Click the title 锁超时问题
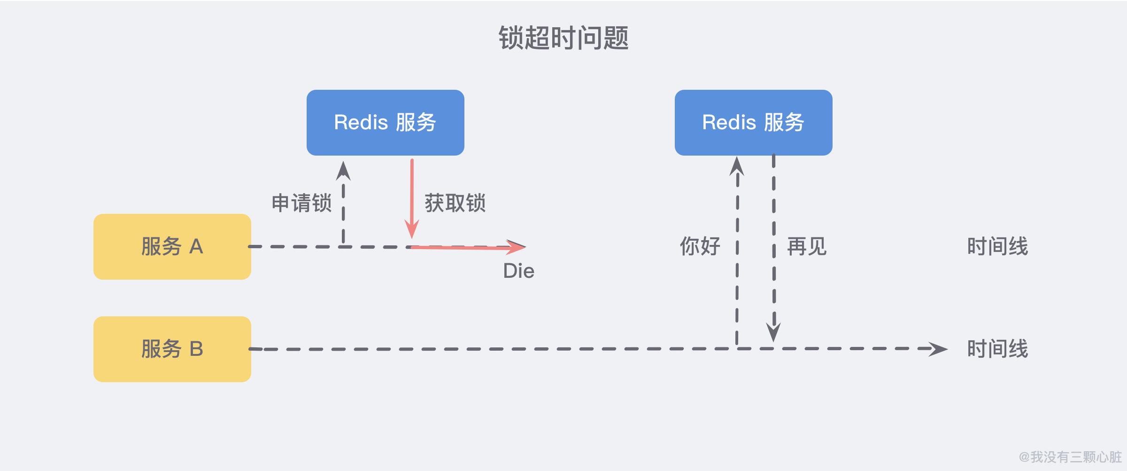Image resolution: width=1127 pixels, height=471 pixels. (563, 38)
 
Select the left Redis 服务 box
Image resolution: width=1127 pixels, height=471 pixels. (385, 123)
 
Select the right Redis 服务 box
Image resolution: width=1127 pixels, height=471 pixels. (753, 123)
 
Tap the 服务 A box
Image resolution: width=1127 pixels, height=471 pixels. (172, 247)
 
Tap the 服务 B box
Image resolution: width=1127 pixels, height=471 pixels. (172, 349)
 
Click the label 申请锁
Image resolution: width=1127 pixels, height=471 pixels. (301, 203)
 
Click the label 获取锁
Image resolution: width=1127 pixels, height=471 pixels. (455, 203)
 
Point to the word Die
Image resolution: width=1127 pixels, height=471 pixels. (518, 271)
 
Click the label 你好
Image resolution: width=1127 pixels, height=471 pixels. (700, 246)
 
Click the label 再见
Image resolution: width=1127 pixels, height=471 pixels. (807, 246)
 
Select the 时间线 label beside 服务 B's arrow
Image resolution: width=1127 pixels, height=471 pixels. (997, 349)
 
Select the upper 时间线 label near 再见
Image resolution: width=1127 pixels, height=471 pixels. (997, 246)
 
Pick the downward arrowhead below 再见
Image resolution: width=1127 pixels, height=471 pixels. (773, 332)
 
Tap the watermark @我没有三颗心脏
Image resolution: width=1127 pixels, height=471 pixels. (1070, 457)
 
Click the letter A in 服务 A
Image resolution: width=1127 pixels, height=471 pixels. (196, 247)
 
